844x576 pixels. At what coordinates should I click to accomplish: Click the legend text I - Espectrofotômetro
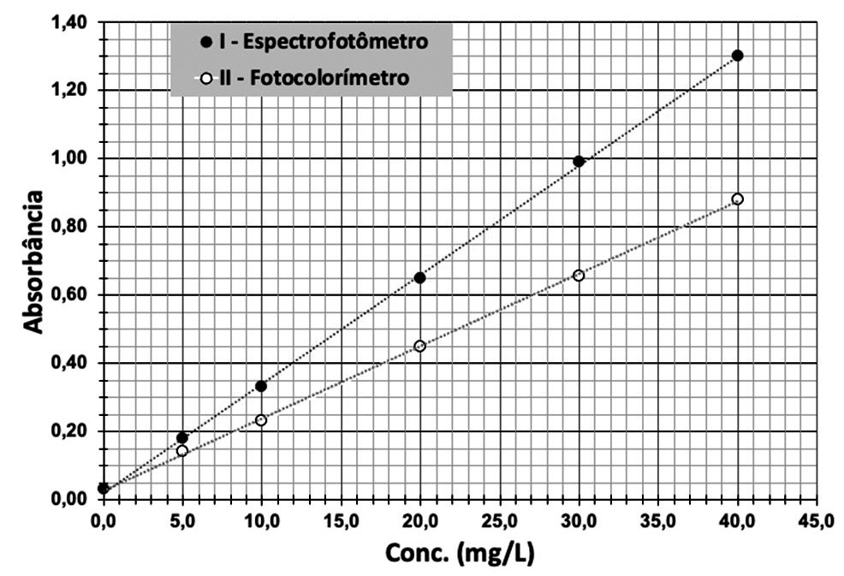(x=324, y=41)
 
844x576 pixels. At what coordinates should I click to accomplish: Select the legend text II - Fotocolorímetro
(x=314, y=78)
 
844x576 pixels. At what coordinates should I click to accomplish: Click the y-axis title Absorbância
(x=33, y=262)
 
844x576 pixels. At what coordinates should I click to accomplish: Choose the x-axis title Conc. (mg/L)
(x=460, y=553)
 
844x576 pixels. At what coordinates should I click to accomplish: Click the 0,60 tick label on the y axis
(x=68, y=295)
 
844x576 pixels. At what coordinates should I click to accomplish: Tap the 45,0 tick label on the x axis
(x=817, y=520)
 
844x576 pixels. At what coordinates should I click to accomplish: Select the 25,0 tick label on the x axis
(x=500, y=520)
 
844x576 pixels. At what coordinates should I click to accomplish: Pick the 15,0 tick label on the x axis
(x=342, y=520)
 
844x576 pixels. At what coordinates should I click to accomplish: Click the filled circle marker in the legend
(x=205, y=42)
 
